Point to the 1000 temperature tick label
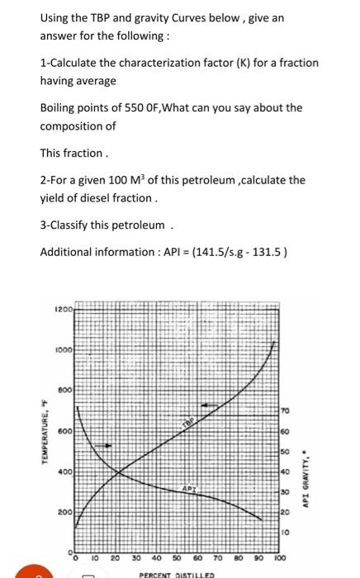pyautogui.click(x=64, y=349)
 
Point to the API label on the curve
pyautogui.click(x=188, y=489)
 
